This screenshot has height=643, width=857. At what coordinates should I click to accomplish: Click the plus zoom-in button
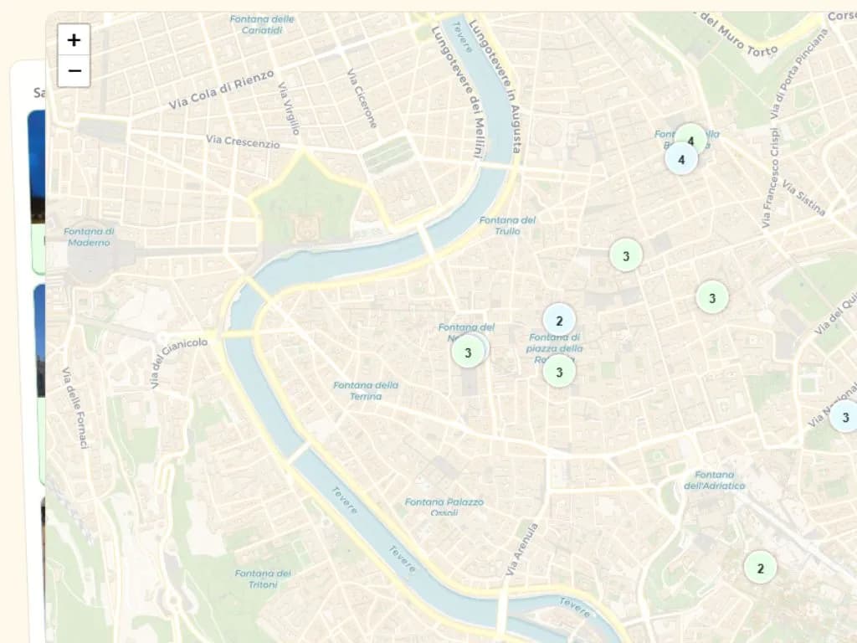[x=74, y=39]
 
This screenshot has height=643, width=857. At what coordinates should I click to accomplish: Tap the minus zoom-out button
[x=74, y=71]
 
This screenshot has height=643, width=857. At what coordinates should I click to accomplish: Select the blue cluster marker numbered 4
[x=681, y=158]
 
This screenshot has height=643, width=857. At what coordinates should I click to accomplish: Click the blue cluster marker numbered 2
[x=559, y=320]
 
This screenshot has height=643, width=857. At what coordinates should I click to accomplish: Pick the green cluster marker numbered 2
[x=760, y=568]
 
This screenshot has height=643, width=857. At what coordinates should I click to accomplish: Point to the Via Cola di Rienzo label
[x=221, y=90]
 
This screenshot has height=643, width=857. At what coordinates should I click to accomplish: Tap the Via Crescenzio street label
[x=243, y=141]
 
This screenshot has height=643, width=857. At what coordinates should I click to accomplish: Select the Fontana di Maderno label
[x=89, y=237]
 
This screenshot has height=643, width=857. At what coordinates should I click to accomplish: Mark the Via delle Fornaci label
[x=74, y=407]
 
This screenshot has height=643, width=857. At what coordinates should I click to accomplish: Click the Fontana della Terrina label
[x=366, y=391]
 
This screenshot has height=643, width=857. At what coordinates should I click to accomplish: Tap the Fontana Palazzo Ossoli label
[x=444, y=507]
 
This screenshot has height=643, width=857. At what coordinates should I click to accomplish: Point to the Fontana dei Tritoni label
[x=263, y=579]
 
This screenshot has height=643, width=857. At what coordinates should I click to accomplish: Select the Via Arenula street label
[x=522, y=549]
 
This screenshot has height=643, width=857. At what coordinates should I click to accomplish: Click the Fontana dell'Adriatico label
[x=714, y=480]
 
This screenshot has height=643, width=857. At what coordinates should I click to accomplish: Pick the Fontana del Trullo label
[x=507, y=225]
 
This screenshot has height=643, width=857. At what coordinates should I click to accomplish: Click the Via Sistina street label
[x=805, y=198]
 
